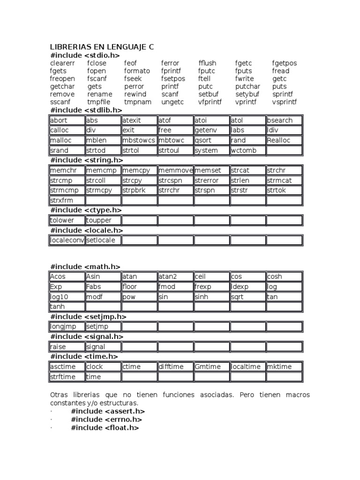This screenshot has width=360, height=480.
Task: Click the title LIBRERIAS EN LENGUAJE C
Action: [102, 47]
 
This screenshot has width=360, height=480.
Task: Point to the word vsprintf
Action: [285, 102]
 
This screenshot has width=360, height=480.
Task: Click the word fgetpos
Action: [285, 63]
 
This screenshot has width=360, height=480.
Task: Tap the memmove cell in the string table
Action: [175, 171]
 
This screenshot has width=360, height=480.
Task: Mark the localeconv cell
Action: [67, 240]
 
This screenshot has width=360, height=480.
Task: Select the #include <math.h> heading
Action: [85, 267]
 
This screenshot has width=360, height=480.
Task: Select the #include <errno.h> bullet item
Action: [106, 420]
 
